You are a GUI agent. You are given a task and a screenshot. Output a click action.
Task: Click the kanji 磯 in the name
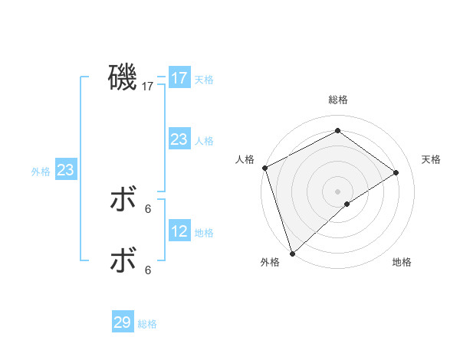tap(123, 78)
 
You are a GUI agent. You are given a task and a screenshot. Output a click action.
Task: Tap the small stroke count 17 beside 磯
tap(148, 87)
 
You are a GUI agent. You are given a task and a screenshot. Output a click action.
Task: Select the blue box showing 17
tap(179, 78)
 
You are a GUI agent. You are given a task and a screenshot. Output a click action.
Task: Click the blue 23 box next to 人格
tap(179, 139)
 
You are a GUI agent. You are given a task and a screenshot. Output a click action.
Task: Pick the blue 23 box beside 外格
tap(65, 170)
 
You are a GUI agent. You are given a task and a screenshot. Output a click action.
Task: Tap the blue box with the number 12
tap(179, 231)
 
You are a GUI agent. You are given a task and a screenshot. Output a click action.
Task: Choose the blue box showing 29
tap(123, 322)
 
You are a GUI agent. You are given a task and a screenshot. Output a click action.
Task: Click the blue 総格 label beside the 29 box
tap(147, 324)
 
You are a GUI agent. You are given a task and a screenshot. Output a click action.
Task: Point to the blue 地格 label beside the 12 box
tap(204, 233)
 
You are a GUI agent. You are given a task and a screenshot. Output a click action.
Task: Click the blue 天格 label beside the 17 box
tap(204, 80)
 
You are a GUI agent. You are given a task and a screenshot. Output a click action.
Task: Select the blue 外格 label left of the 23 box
tap(41, 172)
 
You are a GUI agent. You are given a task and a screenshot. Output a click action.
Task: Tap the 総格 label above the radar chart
tap(337, 100)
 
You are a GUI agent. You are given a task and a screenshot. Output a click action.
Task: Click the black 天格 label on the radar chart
tap(431, 159)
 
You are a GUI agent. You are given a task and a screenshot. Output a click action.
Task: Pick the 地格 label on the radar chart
tap(402, 262)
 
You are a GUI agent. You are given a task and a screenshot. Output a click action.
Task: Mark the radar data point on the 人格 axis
tap(264, 168)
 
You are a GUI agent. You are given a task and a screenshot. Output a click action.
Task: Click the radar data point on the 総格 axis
tap(337, 131)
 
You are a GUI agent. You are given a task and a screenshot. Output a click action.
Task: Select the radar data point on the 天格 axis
tap(396, 172)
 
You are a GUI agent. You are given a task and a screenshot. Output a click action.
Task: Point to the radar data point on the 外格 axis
tap(292, 253)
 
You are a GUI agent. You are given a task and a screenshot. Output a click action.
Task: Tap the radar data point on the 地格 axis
tap(347, 204)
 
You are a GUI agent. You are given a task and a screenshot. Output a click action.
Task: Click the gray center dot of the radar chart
tap(337, 191)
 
